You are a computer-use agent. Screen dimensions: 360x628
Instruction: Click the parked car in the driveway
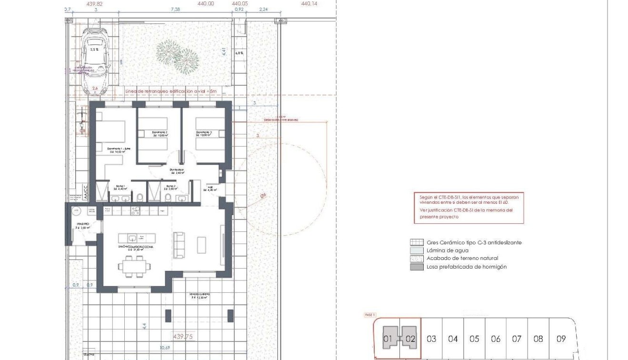pos(96,60)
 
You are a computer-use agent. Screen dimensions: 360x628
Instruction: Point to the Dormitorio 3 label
pos(204,134)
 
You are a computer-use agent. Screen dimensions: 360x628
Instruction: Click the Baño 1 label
pos(120,188)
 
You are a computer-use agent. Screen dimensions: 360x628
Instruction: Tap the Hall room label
pos(210,189)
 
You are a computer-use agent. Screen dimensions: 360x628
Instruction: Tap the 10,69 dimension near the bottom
pos(165,348)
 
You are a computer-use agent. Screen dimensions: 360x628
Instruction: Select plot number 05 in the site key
pos(474,339)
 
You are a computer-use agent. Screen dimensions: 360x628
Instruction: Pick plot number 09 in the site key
pos(561,339)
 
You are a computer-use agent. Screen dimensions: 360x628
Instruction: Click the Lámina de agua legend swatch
pos(417,250)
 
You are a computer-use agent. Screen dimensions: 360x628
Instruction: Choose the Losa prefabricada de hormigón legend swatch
pos(417,267)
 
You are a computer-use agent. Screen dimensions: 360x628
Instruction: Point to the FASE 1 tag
pos(370,315)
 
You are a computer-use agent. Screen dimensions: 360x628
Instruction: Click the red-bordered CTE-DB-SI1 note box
pos(469,208)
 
